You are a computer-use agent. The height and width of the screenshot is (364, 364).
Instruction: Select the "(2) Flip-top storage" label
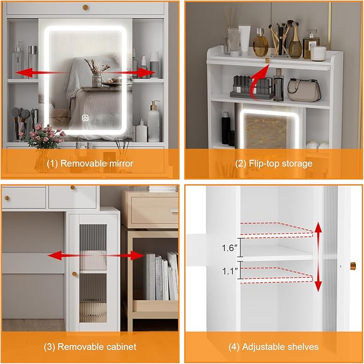pos(273,163)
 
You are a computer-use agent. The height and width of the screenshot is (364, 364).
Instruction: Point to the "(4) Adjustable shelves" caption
pos(273,346)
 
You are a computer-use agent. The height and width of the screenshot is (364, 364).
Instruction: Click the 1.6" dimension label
pos(228,248)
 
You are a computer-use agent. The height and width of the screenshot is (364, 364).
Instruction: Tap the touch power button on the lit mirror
pos(85,116)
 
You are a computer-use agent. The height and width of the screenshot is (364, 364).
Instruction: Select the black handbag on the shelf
pos(304,89)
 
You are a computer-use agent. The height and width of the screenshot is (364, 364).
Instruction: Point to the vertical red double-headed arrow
pos(318,257)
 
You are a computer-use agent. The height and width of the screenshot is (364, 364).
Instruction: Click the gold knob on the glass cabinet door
pos(75,274)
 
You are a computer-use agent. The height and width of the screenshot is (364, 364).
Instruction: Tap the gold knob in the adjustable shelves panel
pos(353,265)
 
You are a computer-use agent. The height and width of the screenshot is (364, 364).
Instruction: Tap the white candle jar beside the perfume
pos(318,53)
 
